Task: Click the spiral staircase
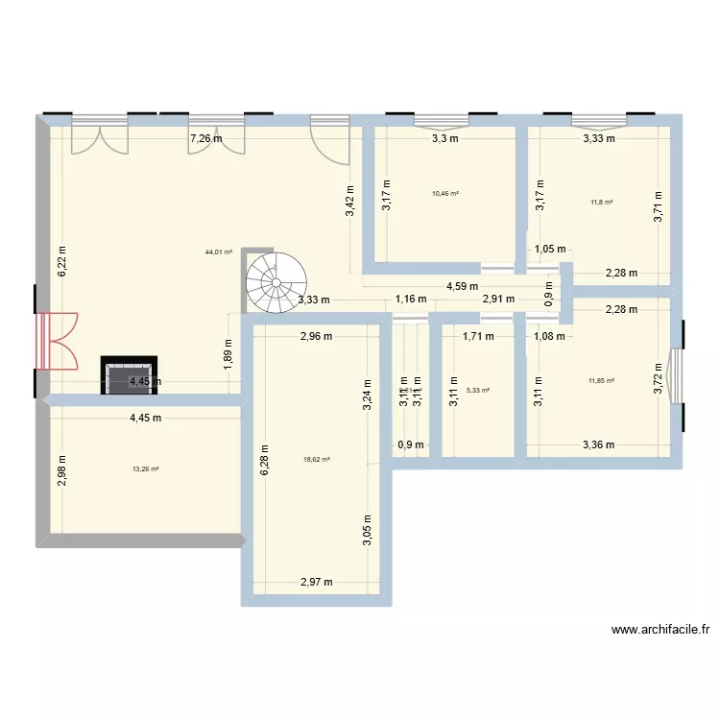(x=276, y=282)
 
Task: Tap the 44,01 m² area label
(x=219, y=252)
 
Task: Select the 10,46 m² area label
(x=445, y=193)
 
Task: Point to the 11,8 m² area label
(x=602, y=202)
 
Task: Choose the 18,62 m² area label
(x=317, y=460)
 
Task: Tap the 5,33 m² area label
(x=478, y=391)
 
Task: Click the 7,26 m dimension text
(x=205, y=138)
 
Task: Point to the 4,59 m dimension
(x=462, y=285)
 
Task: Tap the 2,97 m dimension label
(x=316, y=582)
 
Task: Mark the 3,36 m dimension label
(x=598, y=444)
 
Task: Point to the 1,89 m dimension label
(x=228, y=354)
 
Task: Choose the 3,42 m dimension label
(x=350, y=200)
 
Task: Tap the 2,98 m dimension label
(x=61, y=468)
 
